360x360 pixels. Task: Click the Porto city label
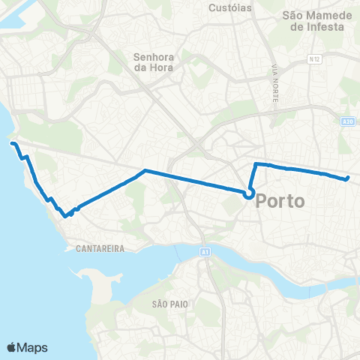pyautogui.click(x=281, y=202)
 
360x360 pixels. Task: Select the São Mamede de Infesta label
pyautogui.click(x=313, y=20)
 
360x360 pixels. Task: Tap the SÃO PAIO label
pyautogui.click(x=169, y=304)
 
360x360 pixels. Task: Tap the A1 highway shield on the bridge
pyautogui.click(x=205, y=253)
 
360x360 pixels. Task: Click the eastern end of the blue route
pyautogui.click(x=348, y=178)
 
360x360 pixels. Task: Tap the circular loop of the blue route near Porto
pyautogui.click(x=248, y=194)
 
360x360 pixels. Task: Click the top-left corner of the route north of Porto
pyautogui.click(x=256, y=164)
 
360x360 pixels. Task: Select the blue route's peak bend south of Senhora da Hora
pyautogui.click(x=144, y=171)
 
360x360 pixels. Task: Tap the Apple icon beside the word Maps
pyautogui.click(x=11, y=346)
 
